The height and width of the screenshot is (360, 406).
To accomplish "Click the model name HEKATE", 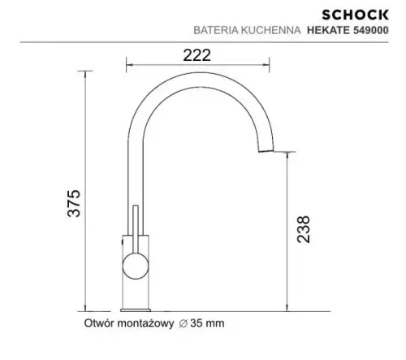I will [x=326, y=31].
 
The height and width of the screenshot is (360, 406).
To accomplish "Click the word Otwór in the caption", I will [x=101, y=323].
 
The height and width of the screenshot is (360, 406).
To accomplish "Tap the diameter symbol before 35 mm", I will [x=184, y=323].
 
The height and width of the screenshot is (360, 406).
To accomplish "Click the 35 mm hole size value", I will [x=205, y=323].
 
